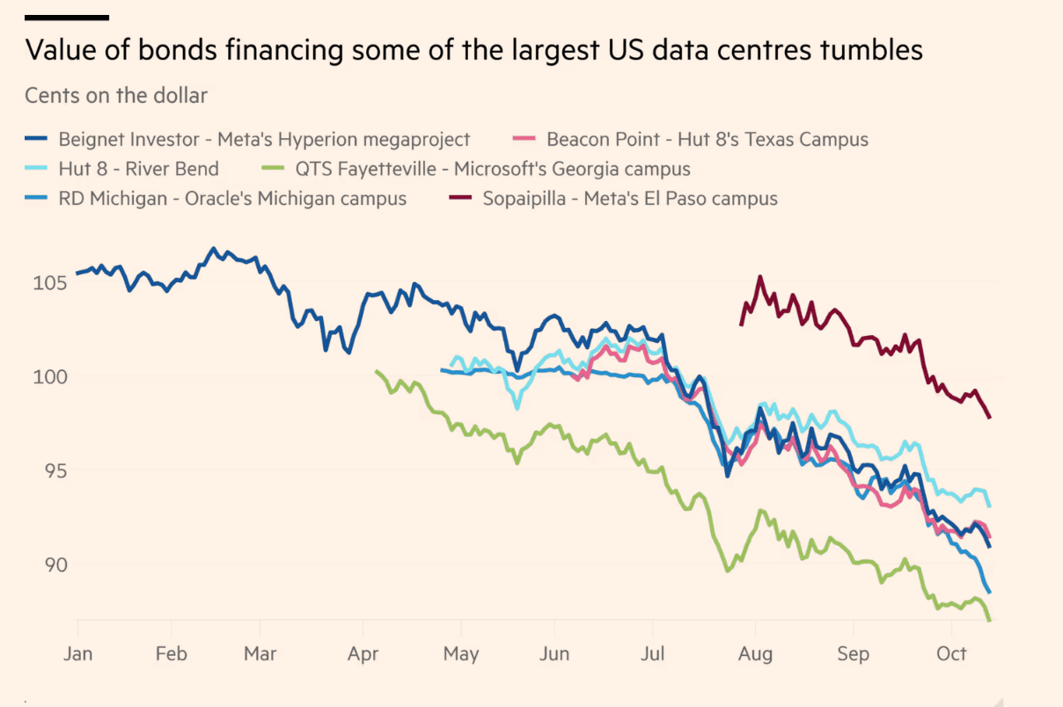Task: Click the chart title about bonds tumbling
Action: (473, 50)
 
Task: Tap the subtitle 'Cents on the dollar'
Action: (116, 96)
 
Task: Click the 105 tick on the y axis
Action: (50, 283)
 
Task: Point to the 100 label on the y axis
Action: (50, 377)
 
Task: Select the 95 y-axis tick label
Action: (55, 470)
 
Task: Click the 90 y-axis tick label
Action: (55, 565)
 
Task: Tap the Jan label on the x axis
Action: (77, 654)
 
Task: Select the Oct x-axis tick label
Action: (951, 654)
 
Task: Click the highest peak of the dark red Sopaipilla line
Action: (760, 277)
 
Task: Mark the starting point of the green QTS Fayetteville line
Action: (377, 371)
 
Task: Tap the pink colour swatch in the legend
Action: (524, 138)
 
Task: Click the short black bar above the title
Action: (67, 18)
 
